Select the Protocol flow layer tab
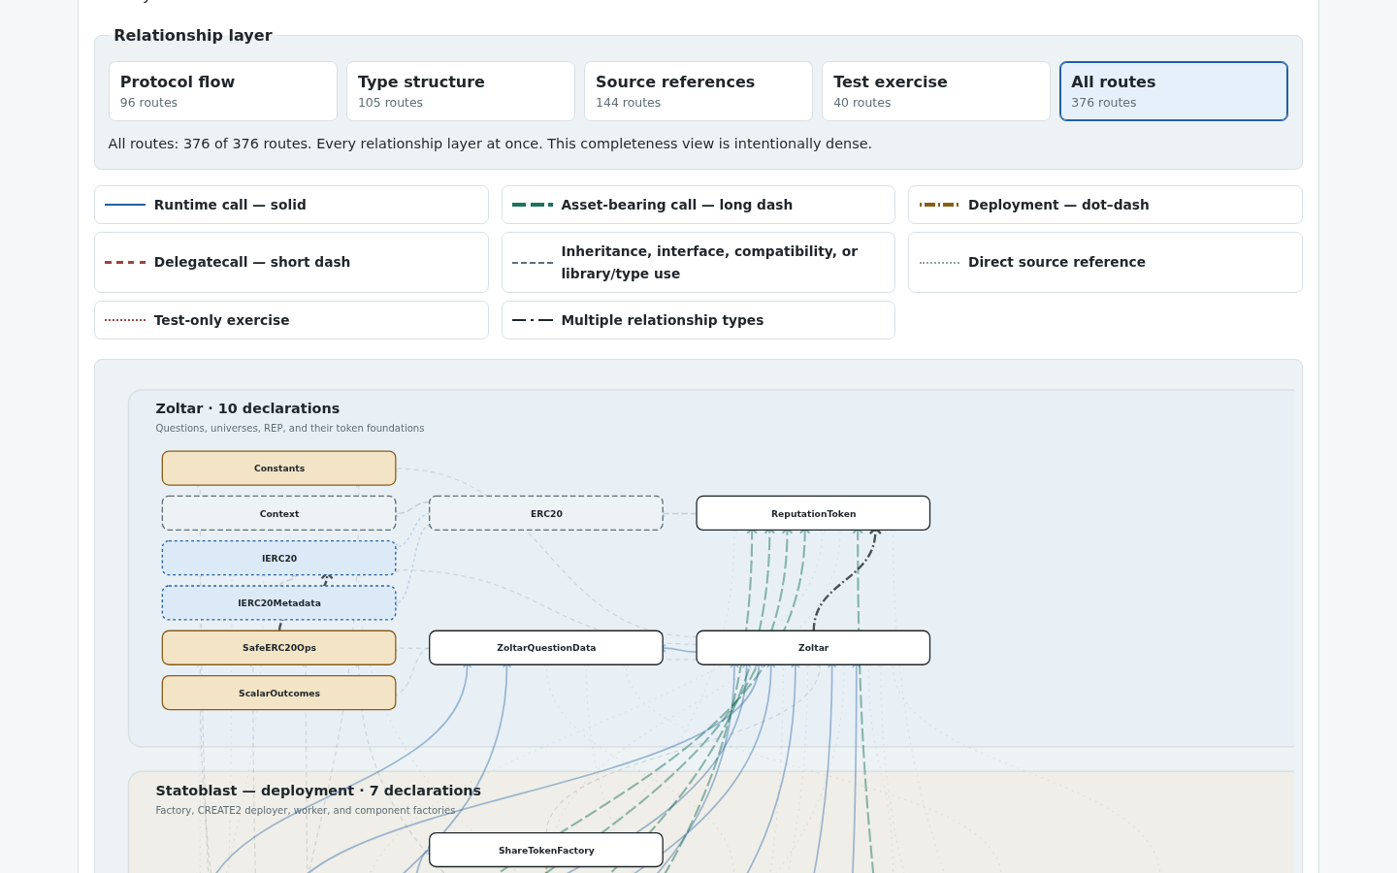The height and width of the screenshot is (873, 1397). [x=223, y=91]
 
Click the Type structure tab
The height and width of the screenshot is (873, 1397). [x=460, y=91]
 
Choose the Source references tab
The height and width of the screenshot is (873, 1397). [x=698, y=91]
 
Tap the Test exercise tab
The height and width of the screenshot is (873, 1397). [x=935, y=91]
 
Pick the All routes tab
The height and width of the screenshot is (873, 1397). [x=1173, y=91]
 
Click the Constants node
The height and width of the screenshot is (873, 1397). [x=278, y=469]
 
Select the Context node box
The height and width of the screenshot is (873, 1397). [x=278, y=513]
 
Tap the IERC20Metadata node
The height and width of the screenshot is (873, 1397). [x=278, y=603]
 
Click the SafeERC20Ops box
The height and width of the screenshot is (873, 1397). [x=278, y=648]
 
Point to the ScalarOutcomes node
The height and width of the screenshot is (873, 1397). [x=278, y=693]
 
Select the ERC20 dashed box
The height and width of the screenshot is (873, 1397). [x=545, y=513]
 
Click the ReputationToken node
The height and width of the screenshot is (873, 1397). [x=813, y=513]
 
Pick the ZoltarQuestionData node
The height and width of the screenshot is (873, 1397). [x=545, y=648]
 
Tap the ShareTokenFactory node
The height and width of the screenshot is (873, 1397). [x=545, y=850]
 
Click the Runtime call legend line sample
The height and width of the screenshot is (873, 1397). [x=125, y=205]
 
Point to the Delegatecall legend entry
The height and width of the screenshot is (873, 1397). [x=291, y=263]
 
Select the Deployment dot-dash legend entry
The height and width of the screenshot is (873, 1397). [x=1105, y=205]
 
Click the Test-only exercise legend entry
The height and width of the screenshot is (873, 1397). [x=291, y=320]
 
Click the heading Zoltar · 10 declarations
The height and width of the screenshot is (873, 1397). [x=247, y=408]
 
